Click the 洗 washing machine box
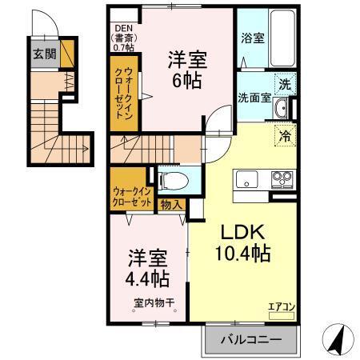click(285, 83)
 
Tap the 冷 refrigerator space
click(285, 135)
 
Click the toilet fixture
click(171, 178)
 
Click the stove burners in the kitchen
click(282, 178)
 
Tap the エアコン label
click(279, 305)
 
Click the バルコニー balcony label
click(251, 340)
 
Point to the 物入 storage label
click(171, 205)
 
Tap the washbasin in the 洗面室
click(281, 109)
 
